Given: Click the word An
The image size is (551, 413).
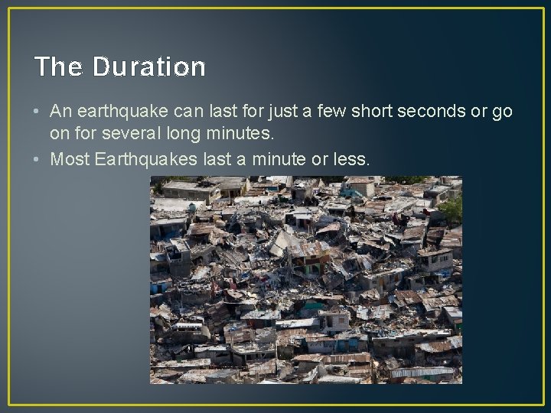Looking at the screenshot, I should coord(60,112).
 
